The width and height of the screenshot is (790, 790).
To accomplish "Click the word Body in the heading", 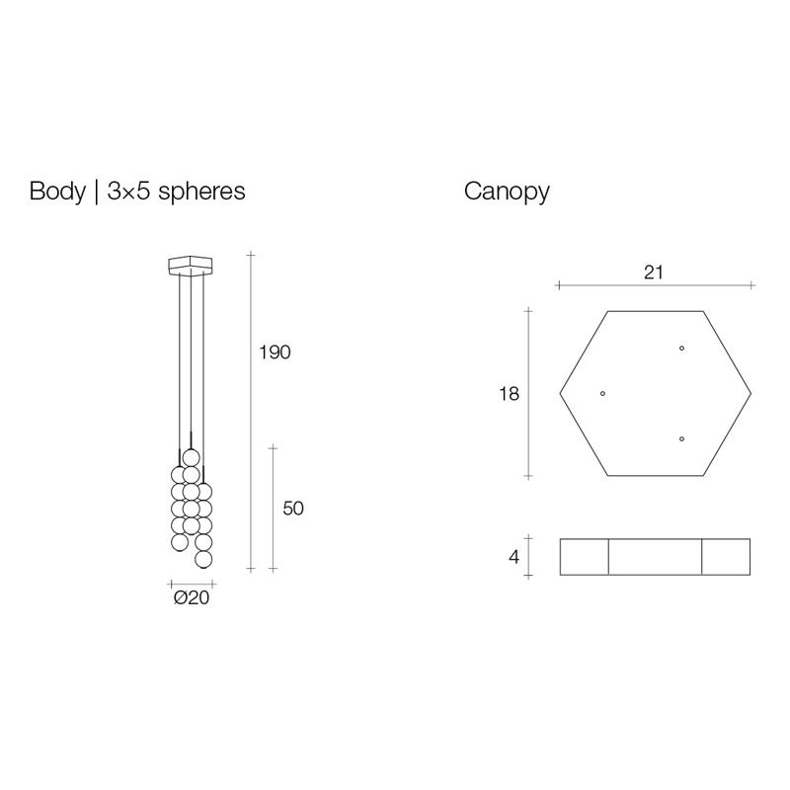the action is click(57, 192).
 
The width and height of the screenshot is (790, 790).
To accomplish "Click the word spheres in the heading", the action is click(201, 193).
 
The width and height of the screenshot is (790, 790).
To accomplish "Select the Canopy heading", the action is click(507, 193).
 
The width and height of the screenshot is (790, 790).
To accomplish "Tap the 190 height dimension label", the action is click(275, 353).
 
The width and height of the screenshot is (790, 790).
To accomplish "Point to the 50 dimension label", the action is click(293, 509).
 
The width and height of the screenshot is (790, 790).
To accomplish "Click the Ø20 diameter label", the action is click(192, 597).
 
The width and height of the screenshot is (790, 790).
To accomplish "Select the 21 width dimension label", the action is click(654, 273).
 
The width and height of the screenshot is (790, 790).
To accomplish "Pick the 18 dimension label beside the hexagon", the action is click(509, 393).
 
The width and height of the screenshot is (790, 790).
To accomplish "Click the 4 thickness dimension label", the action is click(513, 557).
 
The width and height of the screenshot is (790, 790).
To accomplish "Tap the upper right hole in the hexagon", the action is click(681, 349).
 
